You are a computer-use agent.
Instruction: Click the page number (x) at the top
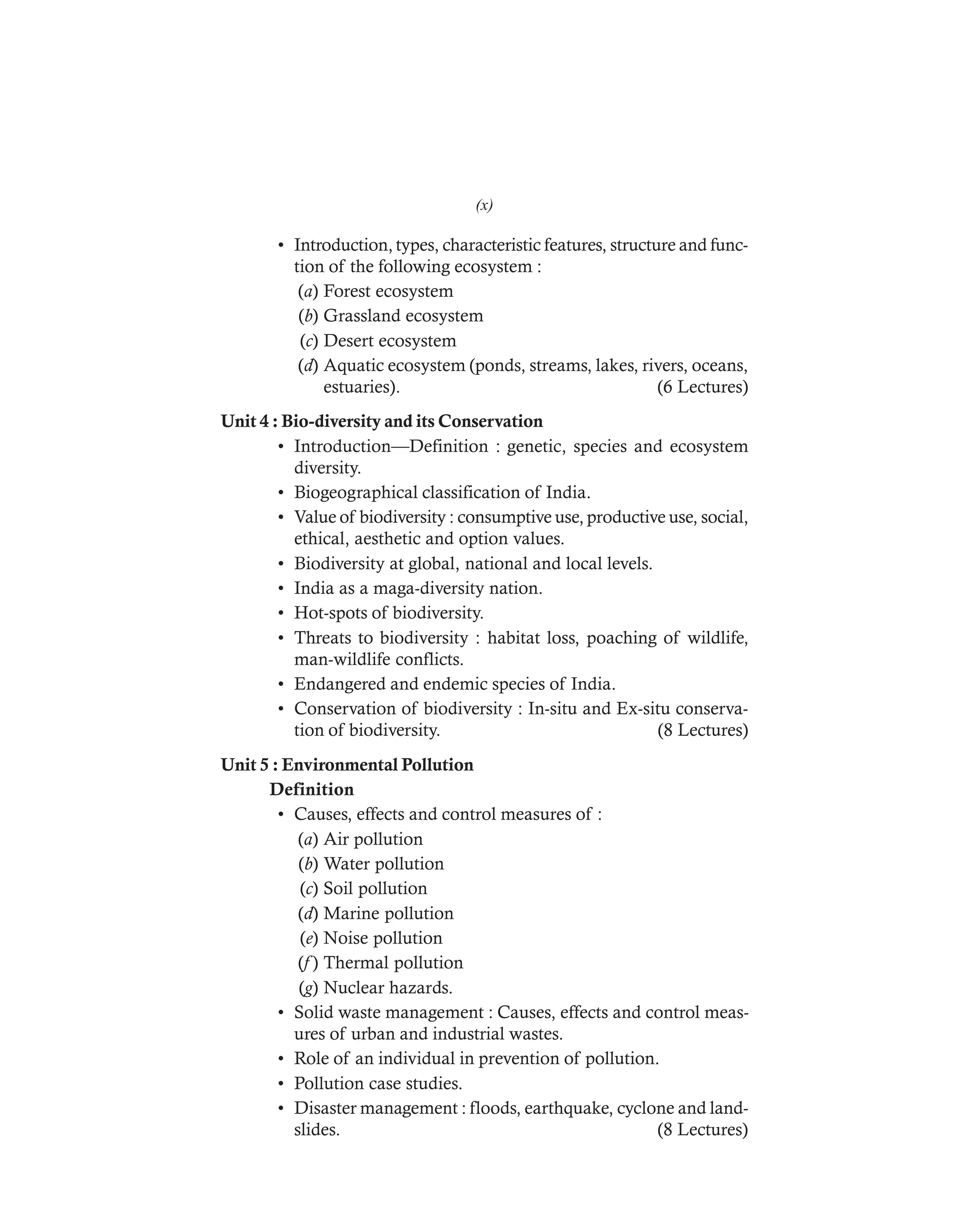pyautogui.click(x=484, y=205)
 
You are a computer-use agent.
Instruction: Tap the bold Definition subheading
pyautogui.click(x=311, y=789)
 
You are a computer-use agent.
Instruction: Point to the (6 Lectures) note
pyautogui.click(x=702, y=387)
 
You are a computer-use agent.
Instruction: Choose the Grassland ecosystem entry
pyautogui.click(x=403, y=316)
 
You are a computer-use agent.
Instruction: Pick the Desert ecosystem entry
pyautogui.click(x=389, y=340)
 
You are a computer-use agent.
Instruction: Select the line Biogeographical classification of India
pyautogui.click(x=441, y=492)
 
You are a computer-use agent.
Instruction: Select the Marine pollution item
pyautogui.click(x=388, y=913)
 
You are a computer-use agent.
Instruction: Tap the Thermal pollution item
pyautogui.click(x=393, y=963)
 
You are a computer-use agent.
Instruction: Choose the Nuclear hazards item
pyautogui.click(x=388, y=987)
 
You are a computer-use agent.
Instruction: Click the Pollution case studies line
pyautogui.click(x=378, y=1083)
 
